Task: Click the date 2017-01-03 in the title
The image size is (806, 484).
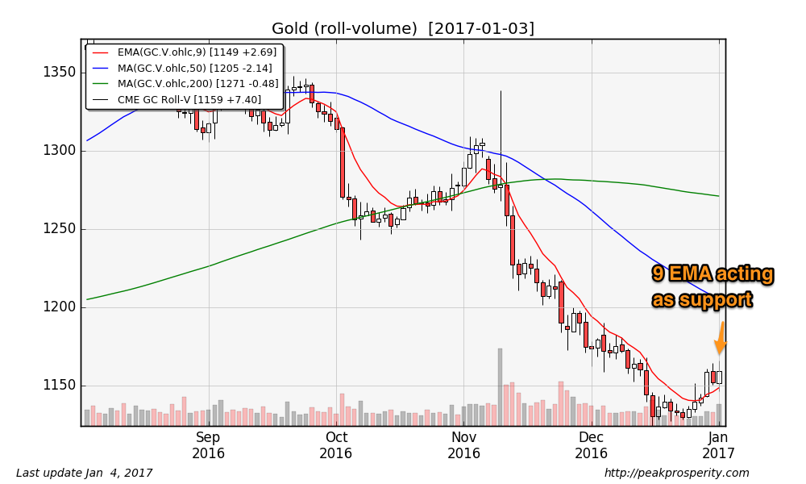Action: click(480, 29)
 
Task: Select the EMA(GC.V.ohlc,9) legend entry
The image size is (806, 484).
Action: click(185, 52)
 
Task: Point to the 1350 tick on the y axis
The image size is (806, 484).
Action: click(59, 73)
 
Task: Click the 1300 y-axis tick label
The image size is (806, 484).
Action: click(59, 151)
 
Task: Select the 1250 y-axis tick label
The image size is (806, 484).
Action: click(59, 229)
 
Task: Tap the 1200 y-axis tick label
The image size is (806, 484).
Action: click(59, 307)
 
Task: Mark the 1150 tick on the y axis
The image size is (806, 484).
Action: click(59, 386)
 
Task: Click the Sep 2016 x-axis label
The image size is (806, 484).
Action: click(208, 445)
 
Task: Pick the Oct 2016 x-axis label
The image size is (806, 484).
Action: click(336, 445)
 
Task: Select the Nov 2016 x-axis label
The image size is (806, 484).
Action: click(463, 445)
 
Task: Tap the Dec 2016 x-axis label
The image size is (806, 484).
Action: click(591, 445)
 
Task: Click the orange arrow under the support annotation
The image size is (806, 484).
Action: click(720, 339)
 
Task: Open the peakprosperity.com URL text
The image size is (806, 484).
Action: click(676, 473)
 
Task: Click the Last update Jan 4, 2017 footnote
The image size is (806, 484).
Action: click(84, 473)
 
